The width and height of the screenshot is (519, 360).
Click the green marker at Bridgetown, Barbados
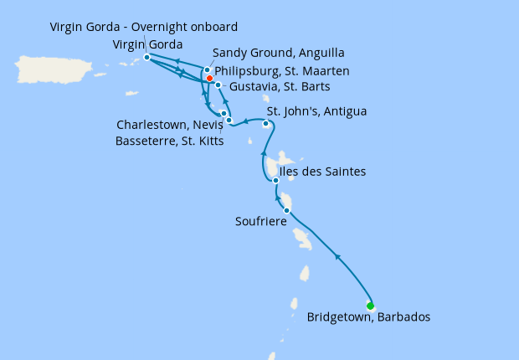coord(370,306)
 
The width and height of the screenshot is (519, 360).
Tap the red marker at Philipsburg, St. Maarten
coord(209,79)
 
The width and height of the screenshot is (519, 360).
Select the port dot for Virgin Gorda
coord(146,57)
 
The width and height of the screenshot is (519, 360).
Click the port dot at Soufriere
coord(287,210)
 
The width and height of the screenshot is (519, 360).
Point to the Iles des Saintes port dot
coord(275,180)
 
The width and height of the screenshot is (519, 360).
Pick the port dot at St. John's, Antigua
coord(265,124)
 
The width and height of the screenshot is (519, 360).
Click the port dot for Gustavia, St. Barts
coord(218,85)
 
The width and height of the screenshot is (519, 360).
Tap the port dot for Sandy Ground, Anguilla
coord(207,70)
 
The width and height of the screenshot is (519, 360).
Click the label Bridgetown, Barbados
coord(368,317)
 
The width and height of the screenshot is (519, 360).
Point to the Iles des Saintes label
coord(322,172)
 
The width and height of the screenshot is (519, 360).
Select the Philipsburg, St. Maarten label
coord(282,71)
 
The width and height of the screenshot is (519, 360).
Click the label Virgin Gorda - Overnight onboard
coord(144,27)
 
